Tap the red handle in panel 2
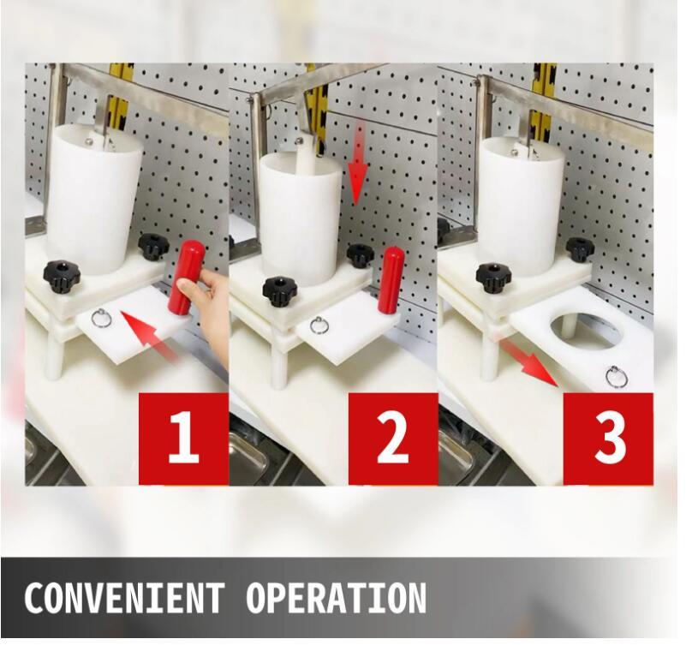(391, 280)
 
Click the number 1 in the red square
(184, 437)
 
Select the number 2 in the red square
(392, 437)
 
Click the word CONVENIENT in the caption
(124, 598)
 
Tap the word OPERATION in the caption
(336, 598)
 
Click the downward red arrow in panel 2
(358, 164)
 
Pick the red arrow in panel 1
(149, 335)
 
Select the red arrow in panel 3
(530, 357)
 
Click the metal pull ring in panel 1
(101, 318)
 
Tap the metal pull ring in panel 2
(319, 325)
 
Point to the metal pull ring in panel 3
(617, 376)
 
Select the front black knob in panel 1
(62, 277)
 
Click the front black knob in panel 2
(279, 290)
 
